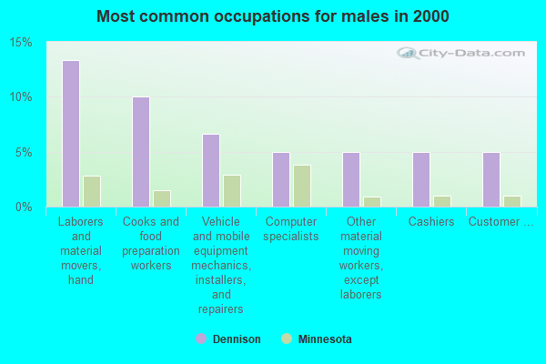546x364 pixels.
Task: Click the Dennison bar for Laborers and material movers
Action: coord(70,134)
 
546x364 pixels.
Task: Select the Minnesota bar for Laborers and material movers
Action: coord(91,191)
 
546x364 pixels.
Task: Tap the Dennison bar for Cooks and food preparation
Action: coord(140,152)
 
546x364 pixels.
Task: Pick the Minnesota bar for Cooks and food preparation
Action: coord(161,198)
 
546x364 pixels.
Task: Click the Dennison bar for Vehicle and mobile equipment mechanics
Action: coord(210,170)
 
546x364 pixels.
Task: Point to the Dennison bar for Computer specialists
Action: coord(280,179)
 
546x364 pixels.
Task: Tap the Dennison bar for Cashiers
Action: coord(420,179)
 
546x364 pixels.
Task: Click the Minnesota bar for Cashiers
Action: coord(441,201)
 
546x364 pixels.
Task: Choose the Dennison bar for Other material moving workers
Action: coord(350,179)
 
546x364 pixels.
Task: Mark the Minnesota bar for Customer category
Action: coord(511,201)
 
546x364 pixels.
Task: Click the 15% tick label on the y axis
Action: coord(21,43)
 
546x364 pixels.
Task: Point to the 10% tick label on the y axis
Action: coord(21,97)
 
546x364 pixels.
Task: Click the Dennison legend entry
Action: coord(237,339)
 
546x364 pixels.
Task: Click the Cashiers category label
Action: coord(431,222)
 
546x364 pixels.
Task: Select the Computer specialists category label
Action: coord(291,229)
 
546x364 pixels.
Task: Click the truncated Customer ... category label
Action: coord(500,222)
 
